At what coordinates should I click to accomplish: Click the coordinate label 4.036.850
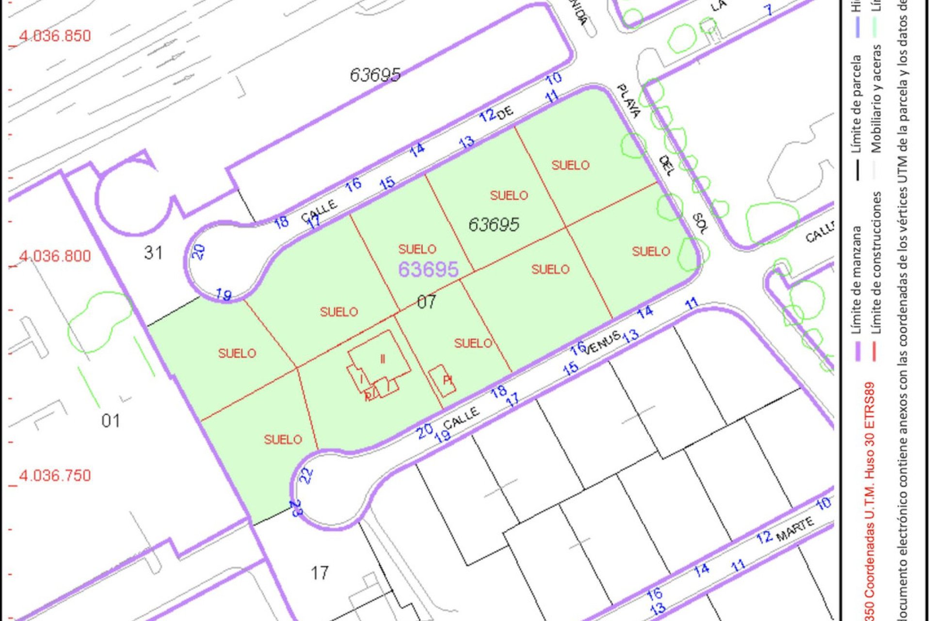click(x=55, y=36)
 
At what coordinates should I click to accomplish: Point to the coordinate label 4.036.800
click(x=55, y=256)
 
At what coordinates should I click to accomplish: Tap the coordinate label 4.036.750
click(x=55, y=475)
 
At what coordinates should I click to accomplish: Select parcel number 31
click(x=153, y=253)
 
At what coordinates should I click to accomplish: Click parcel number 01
click(x=111, y=421)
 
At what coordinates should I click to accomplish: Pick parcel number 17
click(x=320, y=573)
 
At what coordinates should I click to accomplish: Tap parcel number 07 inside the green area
click(x=427, y=302)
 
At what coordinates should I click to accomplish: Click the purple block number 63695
click(x=428, y=270)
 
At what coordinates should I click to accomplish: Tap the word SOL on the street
click(x=700, y=223)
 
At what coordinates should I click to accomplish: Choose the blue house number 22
click(x=306, y=475)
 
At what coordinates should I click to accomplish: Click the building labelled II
click(x=383, y=359)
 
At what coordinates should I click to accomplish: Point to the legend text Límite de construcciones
click(x=877, y=262)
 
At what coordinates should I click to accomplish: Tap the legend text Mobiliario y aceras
click(x=877, y=99)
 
